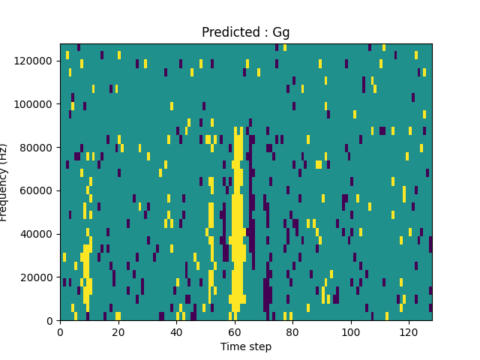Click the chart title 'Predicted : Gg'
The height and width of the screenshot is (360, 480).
point(245,32)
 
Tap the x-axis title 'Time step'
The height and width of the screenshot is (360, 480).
point(245,346)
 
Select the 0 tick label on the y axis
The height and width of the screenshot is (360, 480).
point(50,320)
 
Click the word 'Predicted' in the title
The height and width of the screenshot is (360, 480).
point(227,32)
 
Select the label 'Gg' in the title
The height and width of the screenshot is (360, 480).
point(281,33)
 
